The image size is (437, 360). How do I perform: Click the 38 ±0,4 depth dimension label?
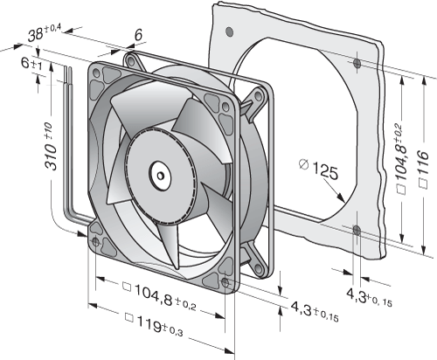[x=45, y=33]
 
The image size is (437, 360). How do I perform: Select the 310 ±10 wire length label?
[x=50, y=146]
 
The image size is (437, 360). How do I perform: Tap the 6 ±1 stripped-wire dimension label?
[x=31, y=64]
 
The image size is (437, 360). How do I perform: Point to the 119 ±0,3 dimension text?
[x=154, y=327]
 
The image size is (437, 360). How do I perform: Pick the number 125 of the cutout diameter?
[x=325, y=172]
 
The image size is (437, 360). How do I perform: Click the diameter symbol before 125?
[x=304, y=164]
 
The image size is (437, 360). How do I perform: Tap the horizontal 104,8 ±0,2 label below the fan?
[x=160, y=294]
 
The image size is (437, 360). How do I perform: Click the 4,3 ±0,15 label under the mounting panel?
[x=369, y=297]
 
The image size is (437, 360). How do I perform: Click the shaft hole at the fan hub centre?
[x=160, y=176]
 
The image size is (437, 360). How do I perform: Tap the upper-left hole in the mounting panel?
[x=230, y=31]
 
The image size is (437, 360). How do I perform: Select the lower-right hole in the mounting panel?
[x=357, y=231]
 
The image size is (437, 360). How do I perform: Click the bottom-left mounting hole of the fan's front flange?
[x=95, y=241]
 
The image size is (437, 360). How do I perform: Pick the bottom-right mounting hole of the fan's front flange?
[x=225, y=281]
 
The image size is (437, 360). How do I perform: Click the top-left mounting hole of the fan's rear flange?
[x=130, y=61]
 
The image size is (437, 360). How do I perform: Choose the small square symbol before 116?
[x=423, y=183]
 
